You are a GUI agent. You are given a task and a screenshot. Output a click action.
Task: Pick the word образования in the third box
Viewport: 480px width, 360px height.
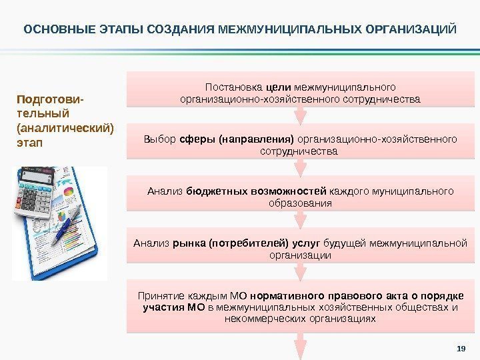click(x=301, y=203)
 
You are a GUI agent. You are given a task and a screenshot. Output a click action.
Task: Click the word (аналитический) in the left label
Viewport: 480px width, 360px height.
click(x=65, y=127)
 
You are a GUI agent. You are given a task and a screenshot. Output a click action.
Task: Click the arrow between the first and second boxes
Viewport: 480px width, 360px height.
click(x=301, y=115)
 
